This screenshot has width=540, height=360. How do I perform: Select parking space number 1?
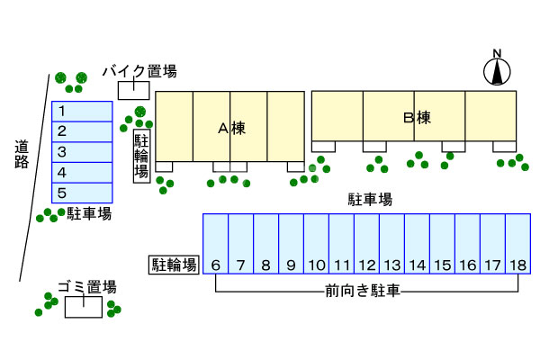coord(81,111)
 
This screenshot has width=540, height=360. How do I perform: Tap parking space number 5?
coord(81,193)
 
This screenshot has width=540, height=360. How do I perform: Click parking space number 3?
coord(81,151)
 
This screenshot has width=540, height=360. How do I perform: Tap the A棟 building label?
coord(231,128)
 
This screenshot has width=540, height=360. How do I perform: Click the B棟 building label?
coord(415,116)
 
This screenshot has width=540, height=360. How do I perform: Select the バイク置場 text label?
coord(138,71)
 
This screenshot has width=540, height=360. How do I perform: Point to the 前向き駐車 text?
coord(363,291)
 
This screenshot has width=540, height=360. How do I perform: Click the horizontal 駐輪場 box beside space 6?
coord(173,265)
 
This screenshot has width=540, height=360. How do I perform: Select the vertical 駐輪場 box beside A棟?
coord(141,157)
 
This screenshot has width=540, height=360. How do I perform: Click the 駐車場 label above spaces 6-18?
coord(370,200)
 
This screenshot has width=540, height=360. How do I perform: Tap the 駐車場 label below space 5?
coord(89,214)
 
